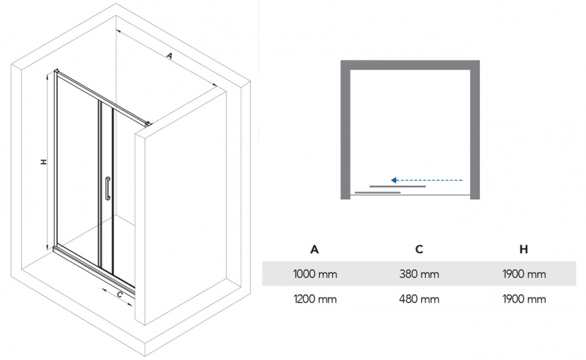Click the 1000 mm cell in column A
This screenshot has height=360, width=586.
[x=315, y=274]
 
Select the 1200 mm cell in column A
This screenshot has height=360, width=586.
[x=315, y=299]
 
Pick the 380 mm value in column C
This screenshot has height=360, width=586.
[x=419, y=274]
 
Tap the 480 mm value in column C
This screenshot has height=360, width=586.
[x=419, y=299]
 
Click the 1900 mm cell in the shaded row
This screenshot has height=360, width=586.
[x=524, y=274]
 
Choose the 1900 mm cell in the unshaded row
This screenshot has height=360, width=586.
[x=524, y=299]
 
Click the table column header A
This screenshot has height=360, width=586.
[x=315, y=249]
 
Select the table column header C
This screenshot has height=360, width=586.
[x=419, y=249]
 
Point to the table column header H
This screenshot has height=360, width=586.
[x=524, y=249]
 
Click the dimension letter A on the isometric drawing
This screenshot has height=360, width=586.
[x=169, y=56]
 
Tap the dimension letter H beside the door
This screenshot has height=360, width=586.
[x=43, y=161]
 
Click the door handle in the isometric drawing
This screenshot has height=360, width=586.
[x=107, y=189]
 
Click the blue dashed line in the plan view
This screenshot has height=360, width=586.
[x=431, y=180]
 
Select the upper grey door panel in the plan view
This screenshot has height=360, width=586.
[x=397, y=186]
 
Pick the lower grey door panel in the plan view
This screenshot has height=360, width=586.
[x=378, y=192]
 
